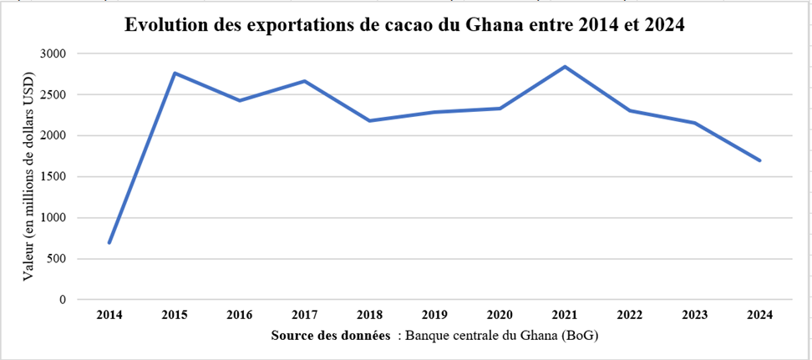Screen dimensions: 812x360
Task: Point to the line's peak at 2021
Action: click(x=565, y=67)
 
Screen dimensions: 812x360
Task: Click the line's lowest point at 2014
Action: click(x=109, y=242)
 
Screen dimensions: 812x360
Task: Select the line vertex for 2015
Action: click(x=175, y=73)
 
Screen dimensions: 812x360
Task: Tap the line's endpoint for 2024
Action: click(x=759, y=160)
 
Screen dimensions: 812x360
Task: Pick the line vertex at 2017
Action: click(x=304, y=81)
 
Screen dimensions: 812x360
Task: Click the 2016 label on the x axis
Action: click(x=240, y=315)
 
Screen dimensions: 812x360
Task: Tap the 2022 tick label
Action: click(x=630, y=315)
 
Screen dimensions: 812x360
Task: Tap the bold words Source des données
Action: click(x=331, y=336)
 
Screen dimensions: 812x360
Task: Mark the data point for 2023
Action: click(x=695, y=123)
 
